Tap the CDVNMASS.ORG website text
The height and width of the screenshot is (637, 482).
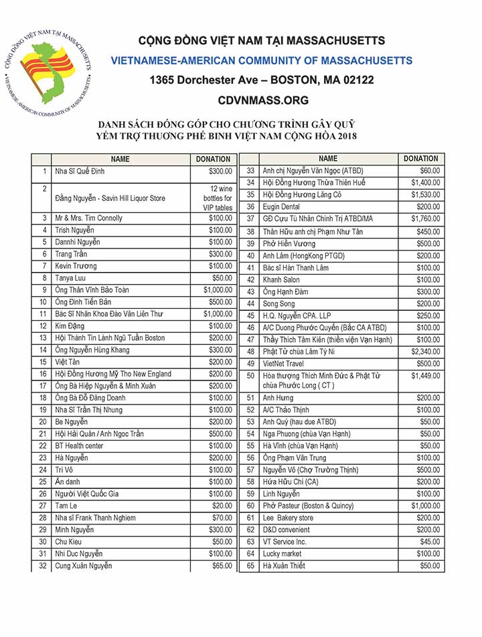click(263, 100)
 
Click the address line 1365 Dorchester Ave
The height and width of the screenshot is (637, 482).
click(262, 80)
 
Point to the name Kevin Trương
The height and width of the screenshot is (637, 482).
click(77, 266)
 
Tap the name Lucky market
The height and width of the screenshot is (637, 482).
click(283, 554)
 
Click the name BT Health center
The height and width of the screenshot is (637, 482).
click(80, 445)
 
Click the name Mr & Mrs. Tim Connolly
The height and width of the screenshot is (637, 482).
click(89, 218)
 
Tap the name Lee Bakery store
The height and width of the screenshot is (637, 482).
click(288, 518)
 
